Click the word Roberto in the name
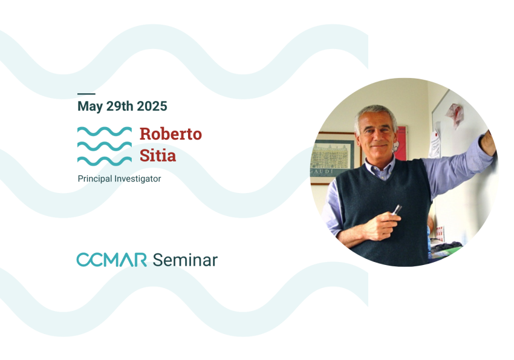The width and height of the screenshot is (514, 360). (x=171, y=134)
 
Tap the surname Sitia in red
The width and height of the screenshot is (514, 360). (x=158, y=155)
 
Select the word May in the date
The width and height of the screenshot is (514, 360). (x=90, y=106)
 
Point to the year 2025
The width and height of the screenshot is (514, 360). (x=152, y=106)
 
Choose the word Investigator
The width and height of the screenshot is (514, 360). (x=140, y=179)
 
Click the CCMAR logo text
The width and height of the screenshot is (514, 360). (x=111, y=260)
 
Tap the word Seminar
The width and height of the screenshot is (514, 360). (x=184, y=260)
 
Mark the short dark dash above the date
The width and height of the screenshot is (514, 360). (x=86, y=94)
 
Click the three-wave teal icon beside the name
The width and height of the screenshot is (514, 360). (x=104, y=146)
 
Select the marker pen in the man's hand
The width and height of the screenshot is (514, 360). (x=396, y=210)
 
